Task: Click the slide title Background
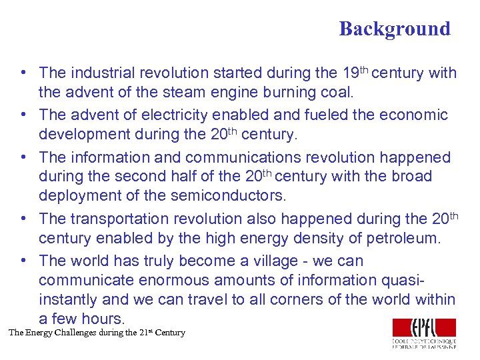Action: [394, 29]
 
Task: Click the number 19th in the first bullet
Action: [353, 71]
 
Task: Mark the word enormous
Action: [169, 280]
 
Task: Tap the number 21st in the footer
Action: [144, 332]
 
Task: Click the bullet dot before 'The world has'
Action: [23, 260]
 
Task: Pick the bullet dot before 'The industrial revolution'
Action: [23, 72]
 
